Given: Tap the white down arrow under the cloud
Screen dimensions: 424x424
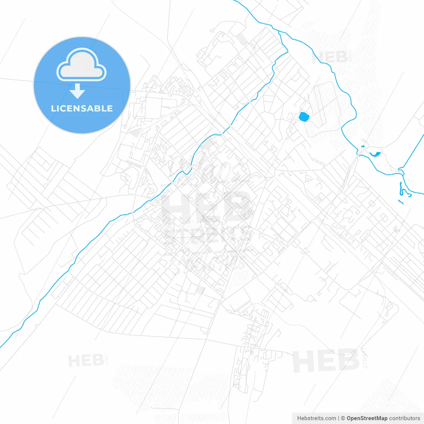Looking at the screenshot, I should pyautogui.click(x=78, y=91).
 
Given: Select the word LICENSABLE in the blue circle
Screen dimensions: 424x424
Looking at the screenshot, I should pyautogui.click(x=82, y=109).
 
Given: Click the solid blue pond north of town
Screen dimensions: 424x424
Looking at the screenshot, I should pyautogui.click(x=304, y=116).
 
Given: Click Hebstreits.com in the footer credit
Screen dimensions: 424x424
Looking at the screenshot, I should pyautogui.click(x=316, y=418).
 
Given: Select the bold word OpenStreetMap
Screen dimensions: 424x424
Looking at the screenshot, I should pyautogui.click(x=367, y=418).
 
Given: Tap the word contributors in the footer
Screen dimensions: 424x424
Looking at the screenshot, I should pyautogui.click(x=404, y=418).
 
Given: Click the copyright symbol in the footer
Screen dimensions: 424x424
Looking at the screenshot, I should pyautogui.click(x=343, y=418).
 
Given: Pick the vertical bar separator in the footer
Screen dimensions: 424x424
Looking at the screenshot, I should pyautogui.click(x=339, y=418).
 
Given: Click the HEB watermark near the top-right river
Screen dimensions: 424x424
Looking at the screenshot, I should pyautogui.click(x=331, y=57).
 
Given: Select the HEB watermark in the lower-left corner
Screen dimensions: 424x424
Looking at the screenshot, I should pyautogui.click(x=86, y=360).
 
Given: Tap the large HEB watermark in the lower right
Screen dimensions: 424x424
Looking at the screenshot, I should pyautogui.click(x=326, y=361).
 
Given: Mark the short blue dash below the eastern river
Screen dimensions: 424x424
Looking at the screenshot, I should pyautogui.click(x=400, y=202).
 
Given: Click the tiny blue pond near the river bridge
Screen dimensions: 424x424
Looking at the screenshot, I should pyautogui.click(x=362, y=147).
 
